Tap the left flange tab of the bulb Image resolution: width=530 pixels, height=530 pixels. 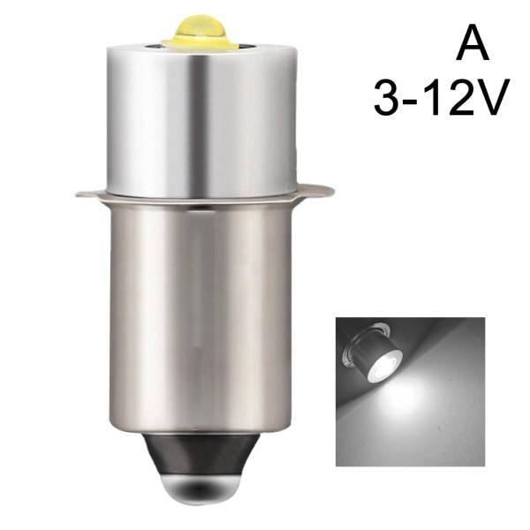tap(89, 191)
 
